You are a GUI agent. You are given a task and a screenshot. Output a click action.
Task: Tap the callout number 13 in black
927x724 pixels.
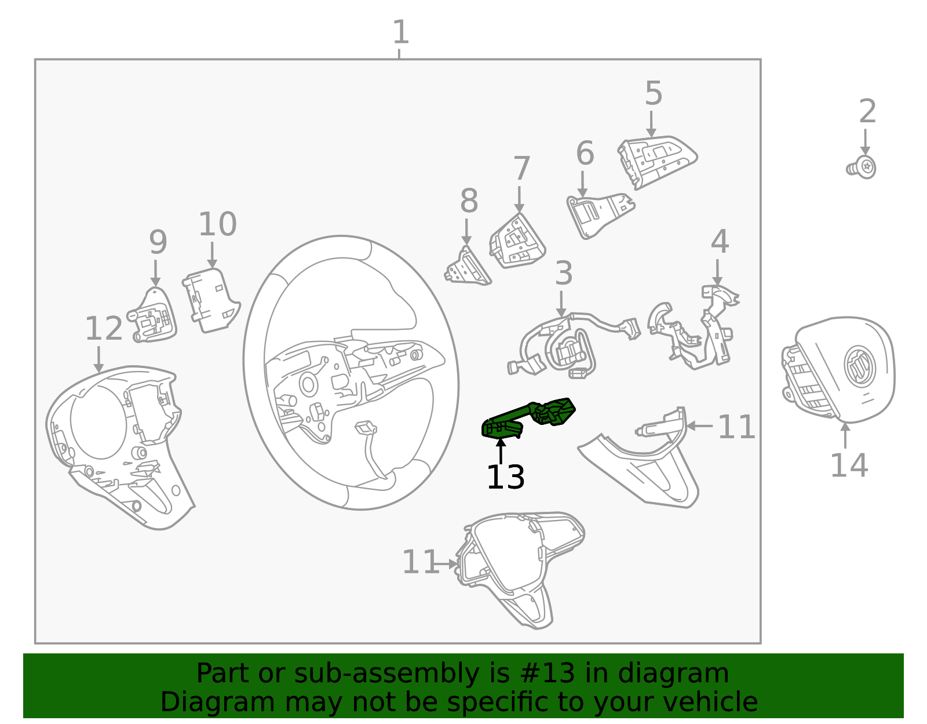(505, 478)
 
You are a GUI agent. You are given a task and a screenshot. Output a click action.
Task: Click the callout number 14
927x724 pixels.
(849, 465)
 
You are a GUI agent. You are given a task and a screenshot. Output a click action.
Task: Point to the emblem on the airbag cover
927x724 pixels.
(859, 366)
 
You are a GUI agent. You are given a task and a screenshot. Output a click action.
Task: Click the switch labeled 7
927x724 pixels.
(517, 242)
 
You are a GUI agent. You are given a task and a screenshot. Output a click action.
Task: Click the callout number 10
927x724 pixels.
(217, 224)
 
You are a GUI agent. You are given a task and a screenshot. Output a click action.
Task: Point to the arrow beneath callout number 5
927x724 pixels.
(651, 124)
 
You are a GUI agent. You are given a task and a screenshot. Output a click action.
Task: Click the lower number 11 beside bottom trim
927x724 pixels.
(420, 562)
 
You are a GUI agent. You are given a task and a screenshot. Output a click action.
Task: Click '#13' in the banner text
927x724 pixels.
(548, 674)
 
